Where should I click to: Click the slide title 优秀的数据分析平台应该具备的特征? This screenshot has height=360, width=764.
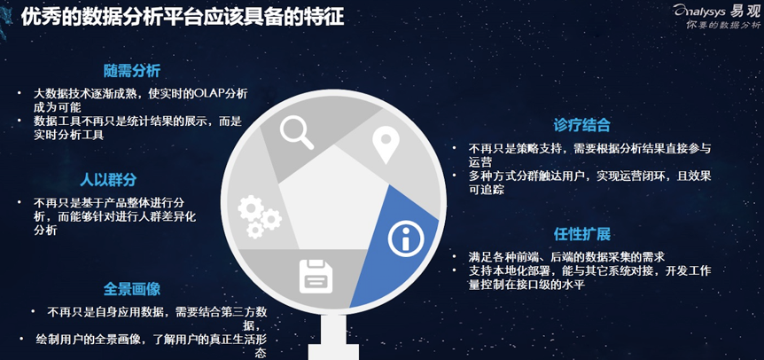coord(183,18)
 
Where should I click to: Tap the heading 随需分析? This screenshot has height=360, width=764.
coord(132,71)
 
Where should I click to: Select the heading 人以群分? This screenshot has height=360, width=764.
coord(108,180)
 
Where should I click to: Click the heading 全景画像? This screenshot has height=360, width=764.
coord(132,289)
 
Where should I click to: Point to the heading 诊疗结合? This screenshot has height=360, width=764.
coord(581,125)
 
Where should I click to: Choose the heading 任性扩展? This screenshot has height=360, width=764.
coord(581,234)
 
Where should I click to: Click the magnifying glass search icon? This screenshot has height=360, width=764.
coord(297,131)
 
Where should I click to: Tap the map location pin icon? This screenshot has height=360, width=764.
coord(386,145)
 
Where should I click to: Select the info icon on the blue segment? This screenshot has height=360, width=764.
coord(406,239)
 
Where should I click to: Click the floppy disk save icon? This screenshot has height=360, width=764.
coord(316,277)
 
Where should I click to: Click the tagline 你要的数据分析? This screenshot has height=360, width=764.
coord(722,26)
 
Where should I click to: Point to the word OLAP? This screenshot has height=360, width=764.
coord(208,93)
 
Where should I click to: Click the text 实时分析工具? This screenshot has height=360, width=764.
coord(69,136)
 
